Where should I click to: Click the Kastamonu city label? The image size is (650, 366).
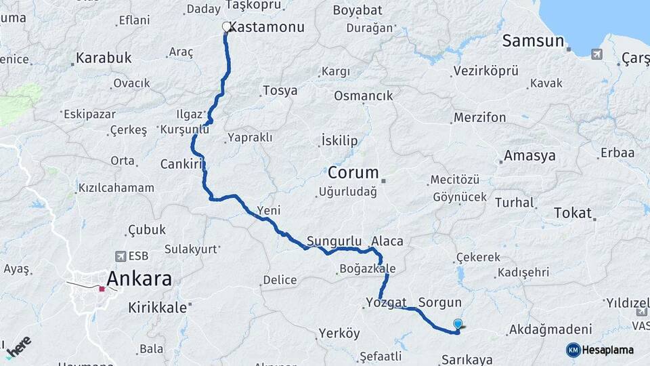[267, 28]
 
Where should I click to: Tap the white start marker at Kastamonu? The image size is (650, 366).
[227, 27]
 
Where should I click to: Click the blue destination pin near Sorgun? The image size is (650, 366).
[458, 325]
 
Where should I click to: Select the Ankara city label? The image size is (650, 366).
[139, 279]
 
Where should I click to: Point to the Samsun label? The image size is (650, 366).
[533, 41]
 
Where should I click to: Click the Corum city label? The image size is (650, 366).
[353, 172]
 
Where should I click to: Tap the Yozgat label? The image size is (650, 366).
[385, 302]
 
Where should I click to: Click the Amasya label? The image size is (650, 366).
[529, 156]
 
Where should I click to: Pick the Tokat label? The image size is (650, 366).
[573, 213]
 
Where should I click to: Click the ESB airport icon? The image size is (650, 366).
[121, 256]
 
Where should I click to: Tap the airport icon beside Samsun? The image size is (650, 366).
[597, 54]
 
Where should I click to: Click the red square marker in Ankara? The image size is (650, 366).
[102, 289]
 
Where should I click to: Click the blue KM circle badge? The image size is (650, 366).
[573, 350]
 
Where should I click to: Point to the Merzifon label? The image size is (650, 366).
[480, 118]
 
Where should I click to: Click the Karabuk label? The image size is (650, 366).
[103, 58]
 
